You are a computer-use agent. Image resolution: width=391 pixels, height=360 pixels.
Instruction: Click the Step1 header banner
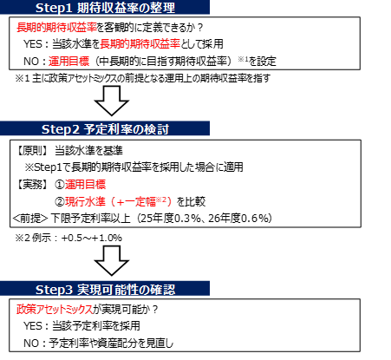coord(105,7)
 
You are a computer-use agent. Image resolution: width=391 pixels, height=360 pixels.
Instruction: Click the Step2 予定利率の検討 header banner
coord(105,128)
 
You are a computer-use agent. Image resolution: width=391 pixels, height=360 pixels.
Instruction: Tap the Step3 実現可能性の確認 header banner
coord(105,289)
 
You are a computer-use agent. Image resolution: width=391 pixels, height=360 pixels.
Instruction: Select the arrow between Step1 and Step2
coord(112,101)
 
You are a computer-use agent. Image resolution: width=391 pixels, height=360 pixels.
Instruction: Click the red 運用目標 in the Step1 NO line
coord(68,62)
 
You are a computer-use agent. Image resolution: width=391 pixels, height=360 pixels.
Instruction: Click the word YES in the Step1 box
coord(33,44)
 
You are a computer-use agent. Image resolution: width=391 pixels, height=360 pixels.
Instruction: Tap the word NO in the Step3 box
coord(31,344)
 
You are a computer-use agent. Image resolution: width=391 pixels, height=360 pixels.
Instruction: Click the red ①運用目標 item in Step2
coord(81,185)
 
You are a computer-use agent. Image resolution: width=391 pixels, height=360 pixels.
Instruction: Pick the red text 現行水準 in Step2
coord(85,201)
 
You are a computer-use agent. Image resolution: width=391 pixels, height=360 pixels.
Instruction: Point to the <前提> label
coord(30,219)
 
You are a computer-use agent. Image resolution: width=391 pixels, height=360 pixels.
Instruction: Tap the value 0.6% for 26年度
coord(254,219)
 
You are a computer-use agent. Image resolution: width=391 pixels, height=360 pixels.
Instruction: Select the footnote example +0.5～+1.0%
coord(92,238)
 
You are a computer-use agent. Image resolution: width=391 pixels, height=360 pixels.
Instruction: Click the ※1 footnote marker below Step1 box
coord(23,78)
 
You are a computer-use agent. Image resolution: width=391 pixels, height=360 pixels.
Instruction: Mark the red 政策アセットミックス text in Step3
coord(55,310)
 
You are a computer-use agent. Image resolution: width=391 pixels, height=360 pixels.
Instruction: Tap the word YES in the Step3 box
coord(33,326)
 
